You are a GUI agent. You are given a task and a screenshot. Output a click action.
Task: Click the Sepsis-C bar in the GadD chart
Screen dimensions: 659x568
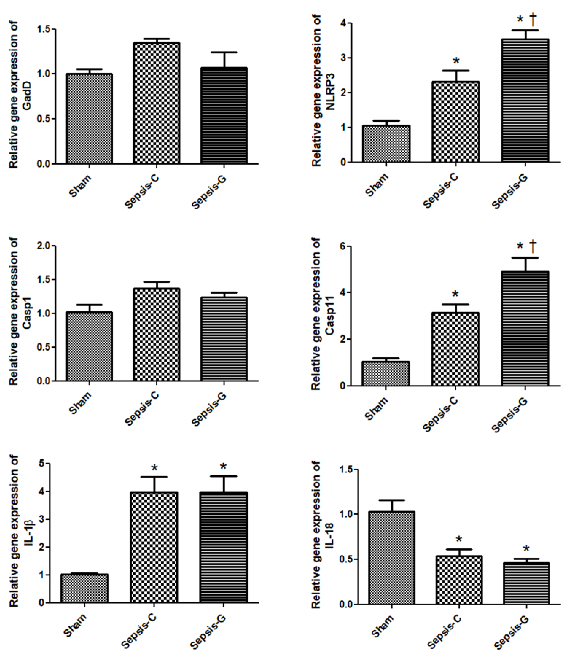click(156, 103)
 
